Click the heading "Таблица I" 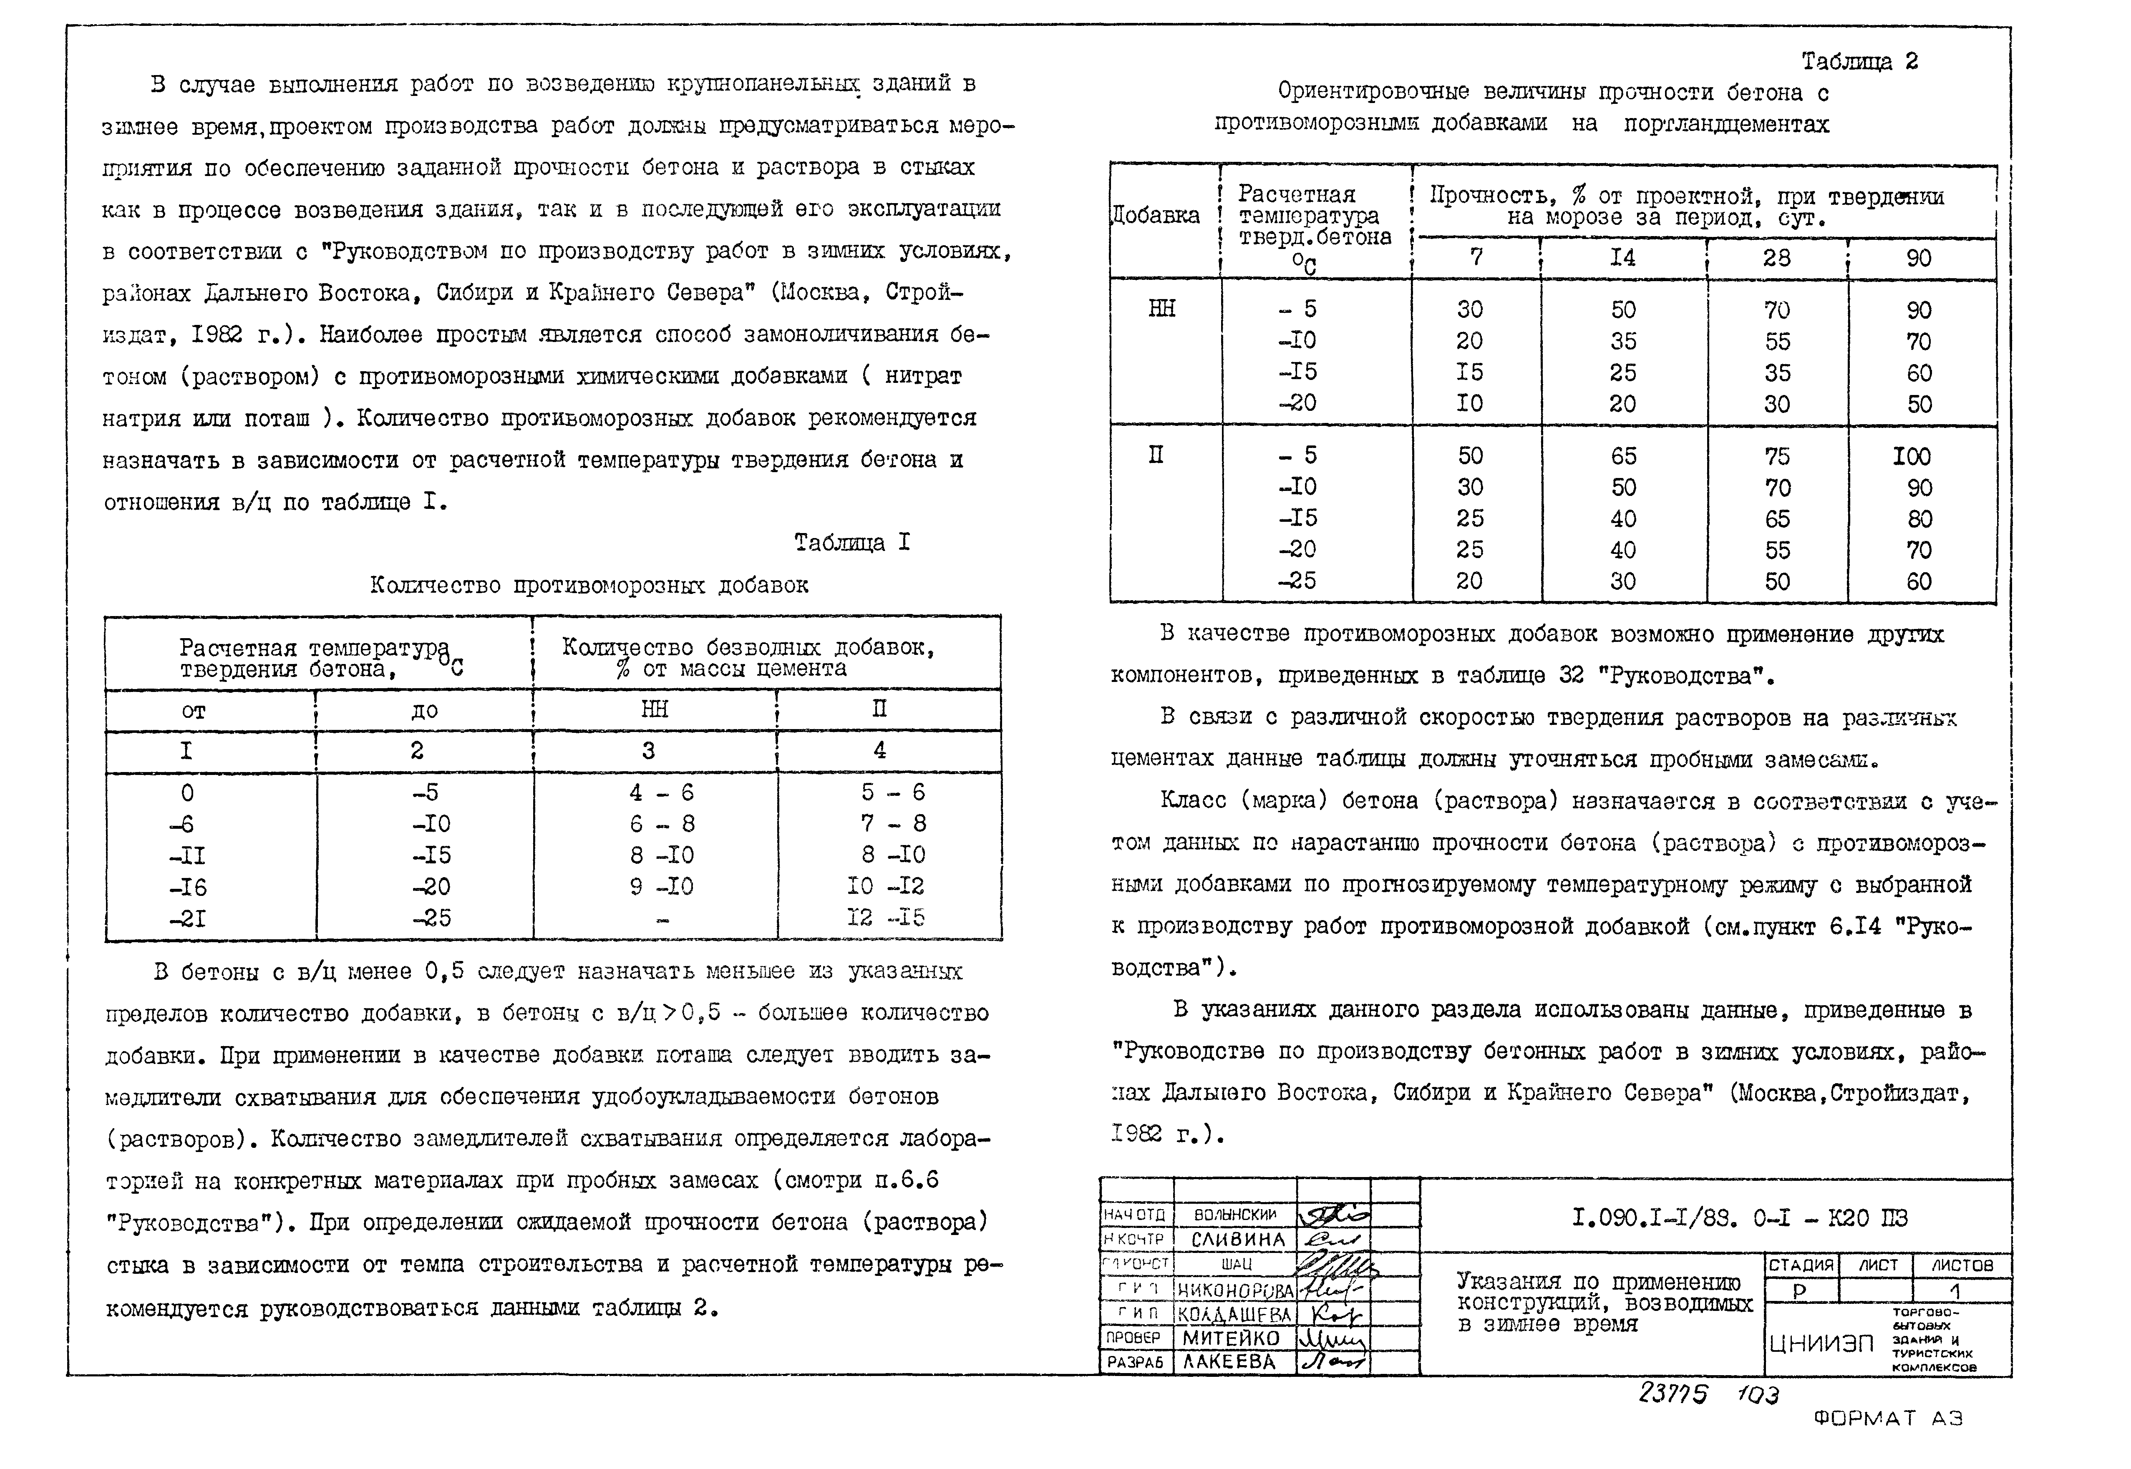[851, 543]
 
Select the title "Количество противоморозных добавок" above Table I [589, 586]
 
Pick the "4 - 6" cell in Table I [661, 792]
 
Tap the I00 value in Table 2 [1911, 457]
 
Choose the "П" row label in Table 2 [1156, 455]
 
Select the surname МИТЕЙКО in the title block [1231, 1338]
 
